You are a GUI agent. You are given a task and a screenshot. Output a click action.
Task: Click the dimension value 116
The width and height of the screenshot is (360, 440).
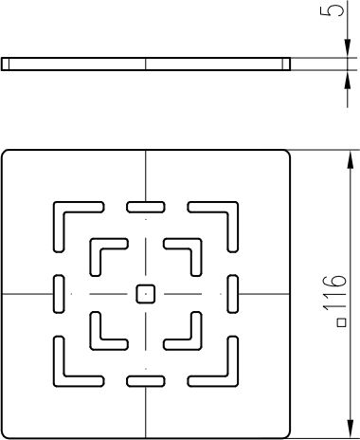(x=334, y=293)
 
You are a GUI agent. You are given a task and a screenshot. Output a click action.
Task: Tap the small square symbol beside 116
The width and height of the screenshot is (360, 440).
(x=342, y=322)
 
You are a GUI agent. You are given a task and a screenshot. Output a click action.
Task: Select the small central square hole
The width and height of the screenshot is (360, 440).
(x=146, y=294)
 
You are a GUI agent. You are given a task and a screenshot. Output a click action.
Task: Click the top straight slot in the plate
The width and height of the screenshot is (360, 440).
(x=146, y=207)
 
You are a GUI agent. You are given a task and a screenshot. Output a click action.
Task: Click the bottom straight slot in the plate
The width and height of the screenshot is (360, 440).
(x=146, y=381)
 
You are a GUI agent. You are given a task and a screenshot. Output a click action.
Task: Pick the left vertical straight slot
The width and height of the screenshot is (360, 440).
(x=59, y=294)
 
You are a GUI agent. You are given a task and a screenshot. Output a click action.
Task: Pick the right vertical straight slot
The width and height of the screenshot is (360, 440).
(x=233, y=294)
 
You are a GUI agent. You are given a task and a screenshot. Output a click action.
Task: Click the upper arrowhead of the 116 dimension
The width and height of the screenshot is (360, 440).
(x=350, y=161)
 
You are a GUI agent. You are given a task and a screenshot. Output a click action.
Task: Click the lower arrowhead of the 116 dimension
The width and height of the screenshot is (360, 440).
(x=350, y=427)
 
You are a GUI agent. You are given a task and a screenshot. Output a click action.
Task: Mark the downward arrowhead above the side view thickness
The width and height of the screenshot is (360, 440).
(x=348, y=48)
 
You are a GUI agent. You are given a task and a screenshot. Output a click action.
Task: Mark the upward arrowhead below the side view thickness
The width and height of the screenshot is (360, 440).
(x=348, y=80)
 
